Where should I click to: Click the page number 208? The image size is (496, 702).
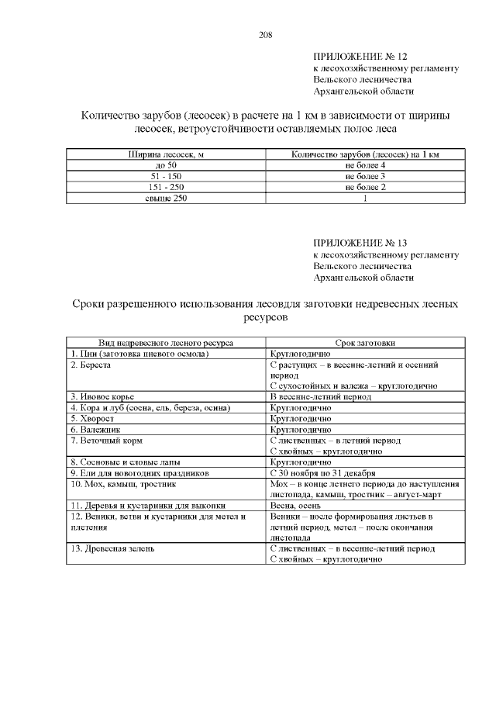click(264, 34)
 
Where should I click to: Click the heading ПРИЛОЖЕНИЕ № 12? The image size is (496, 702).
click(360, 57)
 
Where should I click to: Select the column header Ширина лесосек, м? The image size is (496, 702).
click(166, 155)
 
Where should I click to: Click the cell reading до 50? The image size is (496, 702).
click(166, 166)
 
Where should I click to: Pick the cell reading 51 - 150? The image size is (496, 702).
click(166, 177)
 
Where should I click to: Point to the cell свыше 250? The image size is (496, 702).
click(166, 199)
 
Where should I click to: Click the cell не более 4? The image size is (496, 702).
click(365, 166)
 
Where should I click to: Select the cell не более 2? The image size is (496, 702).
click(365, 188)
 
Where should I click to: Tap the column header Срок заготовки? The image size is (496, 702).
click(365, 342)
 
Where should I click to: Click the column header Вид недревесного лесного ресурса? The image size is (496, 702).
click(166, 342)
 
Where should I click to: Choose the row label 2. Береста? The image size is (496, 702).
click(91, 364)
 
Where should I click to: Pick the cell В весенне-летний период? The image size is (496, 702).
click(320, 396)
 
